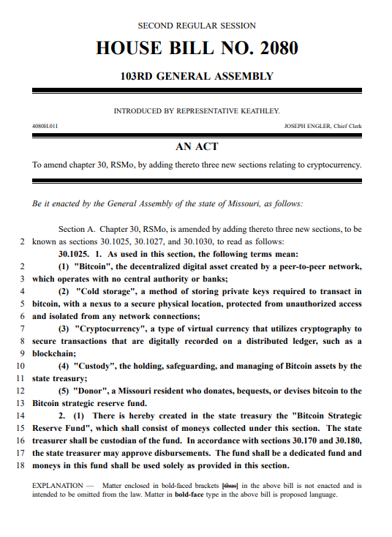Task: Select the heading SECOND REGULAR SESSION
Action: coord(196,26)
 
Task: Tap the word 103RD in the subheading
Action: coord(141,76)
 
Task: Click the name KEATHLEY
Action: coord(257,111)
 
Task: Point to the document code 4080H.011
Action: coord(45,126)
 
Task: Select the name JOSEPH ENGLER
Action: coord(306,126)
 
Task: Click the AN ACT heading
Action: coord(196,146)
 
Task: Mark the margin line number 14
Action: coord(20,416)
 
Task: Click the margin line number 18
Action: coord(20,465)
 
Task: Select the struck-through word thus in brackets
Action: coord(230,485)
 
